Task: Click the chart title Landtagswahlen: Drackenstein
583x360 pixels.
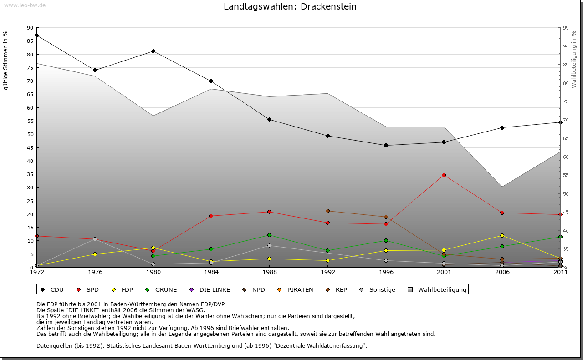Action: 290,7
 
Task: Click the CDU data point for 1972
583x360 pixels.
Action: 36,35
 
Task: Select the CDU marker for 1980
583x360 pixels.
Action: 153,51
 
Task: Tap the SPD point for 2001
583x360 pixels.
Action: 444,175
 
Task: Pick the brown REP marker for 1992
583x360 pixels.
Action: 327,211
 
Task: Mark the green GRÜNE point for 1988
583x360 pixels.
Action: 269,235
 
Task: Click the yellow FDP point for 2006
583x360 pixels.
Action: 502,235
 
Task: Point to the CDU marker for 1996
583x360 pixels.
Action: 386,145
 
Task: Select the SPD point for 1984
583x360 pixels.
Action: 211,216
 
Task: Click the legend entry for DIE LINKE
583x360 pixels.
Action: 214,289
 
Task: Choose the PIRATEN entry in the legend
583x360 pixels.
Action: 300,289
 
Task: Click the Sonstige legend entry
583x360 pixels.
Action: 382,289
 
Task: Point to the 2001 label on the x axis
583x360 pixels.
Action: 444,272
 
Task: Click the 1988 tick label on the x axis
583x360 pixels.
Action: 269,272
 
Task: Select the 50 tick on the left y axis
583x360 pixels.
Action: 30,134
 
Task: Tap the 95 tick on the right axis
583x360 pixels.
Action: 566,28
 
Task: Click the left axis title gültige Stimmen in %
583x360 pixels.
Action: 6,61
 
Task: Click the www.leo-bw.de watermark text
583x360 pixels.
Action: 25,5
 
